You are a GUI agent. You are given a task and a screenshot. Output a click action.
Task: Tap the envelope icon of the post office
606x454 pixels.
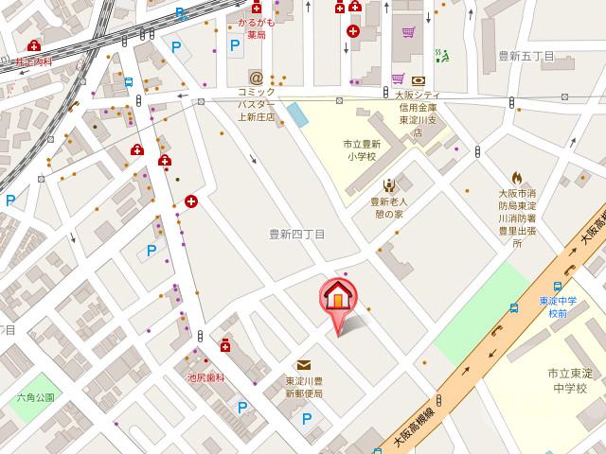pyautogui.click(x=304, y=365)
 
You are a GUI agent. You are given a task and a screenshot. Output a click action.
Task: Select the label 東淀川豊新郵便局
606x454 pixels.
pyautogui.click(x=304, y=387)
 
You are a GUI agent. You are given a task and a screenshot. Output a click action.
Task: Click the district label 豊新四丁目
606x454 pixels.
pyautogui.click(x=296, y=234)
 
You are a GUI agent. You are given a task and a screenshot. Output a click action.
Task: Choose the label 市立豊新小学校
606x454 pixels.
pyautogui.click(x=361, y=149)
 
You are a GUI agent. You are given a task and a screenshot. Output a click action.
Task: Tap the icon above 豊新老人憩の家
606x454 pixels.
pyautogui.click(x=388, y=185)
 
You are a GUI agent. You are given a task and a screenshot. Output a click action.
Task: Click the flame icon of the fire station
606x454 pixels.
pyautogui.click(x=516, y=177)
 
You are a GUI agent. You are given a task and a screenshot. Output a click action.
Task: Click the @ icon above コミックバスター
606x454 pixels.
pyautogui.click(x=256, y=77)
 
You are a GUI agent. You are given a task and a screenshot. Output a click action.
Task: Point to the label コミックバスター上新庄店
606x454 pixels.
pyautogui.click(x=256, y=105)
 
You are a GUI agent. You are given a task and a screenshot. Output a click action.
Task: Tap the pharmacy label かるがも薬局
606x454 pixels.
pyautogui.click(x=256, y=26)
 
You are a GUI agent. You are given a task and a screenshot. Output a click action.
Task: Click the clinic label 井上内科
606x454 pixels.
pyautogui.click(x=33, y=61)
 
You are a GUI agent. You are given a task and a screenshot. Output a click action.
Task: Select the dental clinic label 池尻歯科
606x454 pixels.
pyautogui.click(x=205, y=377)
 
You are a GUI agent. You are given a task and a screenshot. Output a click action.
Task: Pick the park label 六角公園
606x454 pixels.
pyautogui.click(x=35, y=398)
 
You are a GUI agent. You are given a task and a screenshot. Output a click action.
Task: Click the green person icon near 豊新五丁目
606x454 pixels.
pyautogui.click(x=439, y=55)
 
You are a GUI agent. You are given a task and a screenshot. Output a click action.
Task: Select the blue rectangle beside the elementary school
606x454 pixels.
pyautogui.click(x=297, y=114)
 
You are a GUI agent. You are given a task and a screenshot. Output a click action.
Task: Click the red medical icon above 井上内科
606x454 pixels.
pyautogui.click(x=34, y=45)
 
